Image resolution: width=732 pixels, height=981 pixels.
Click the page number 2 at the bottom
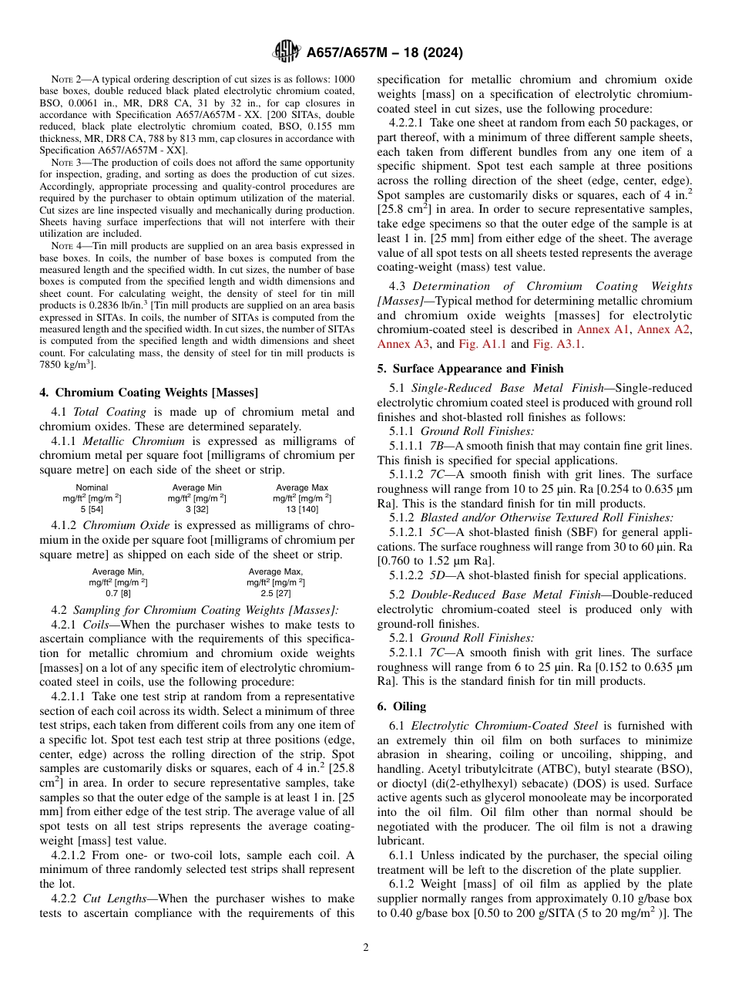coord(366,948)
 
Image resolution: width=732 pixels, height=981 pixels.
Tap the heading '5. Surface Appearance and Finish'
coord(470,368)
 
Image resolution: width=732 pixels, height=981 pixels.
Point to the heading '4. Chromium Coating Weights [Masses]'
coord(149,393)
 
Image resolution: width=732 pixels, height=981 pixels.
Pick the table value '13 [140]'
coord(302,509)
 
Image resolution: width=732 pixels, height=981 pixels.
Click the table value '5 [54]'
coord(92,509)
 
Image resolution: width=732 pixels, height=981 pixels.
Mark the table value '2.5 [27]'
coord(276,593)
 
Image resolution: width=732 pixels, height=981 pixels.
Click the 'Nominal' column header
coord(92,487)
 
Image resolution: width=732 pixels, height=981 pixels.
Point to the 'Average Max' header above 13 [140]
coord(302,487)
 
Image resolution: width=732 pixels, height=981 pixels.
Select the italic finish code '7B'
coord(436,446)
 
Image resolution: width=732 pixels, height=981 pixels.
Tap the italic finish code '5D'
coord(436,575)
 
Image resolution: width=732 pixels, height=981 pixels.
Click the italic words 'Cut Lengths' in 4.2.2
coord(116,899)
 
